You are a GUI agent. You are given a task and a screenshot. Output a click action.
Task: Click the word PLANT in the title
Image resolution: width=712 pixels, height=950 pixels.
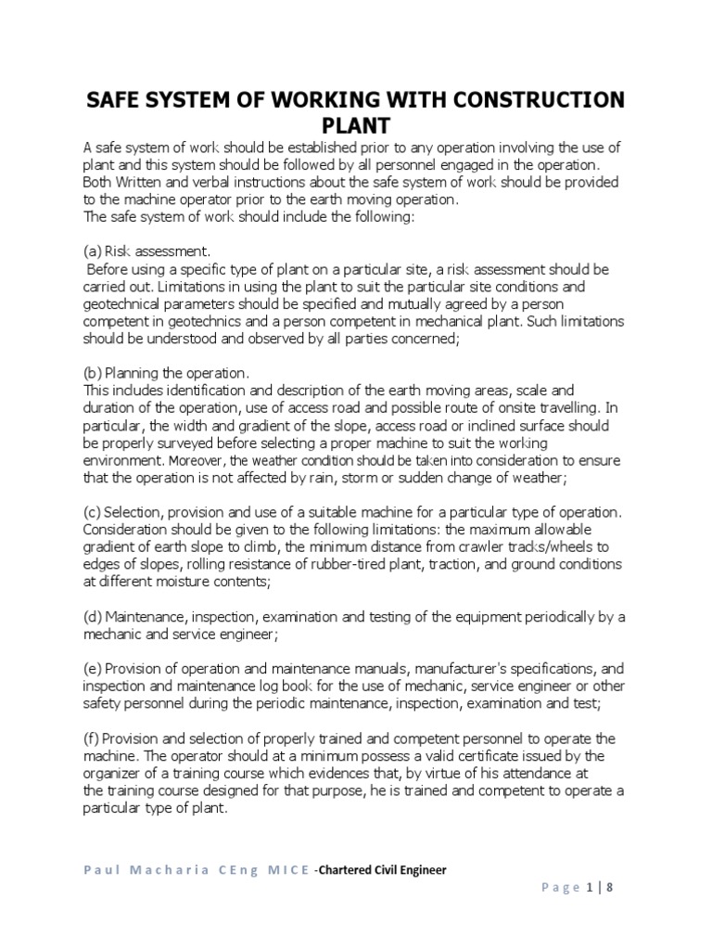(x=355, y=125)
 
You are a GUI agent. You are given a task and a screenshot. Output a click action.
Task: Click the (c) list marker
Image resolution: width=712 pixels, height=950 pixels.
(x=92, y=513)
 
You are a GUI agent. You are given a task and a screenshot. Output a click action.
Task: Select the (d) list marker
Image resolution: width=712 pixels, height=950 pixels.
(x=92, y=617)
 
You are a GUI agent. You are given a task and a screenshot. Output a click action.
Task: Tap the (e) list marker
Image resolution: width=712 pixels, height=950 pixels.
(x=92, y=668)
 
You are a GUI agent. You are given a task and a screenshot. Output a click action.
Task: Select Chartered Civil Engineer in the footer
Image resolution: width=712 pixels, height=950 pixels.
(x=383, y=869)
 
